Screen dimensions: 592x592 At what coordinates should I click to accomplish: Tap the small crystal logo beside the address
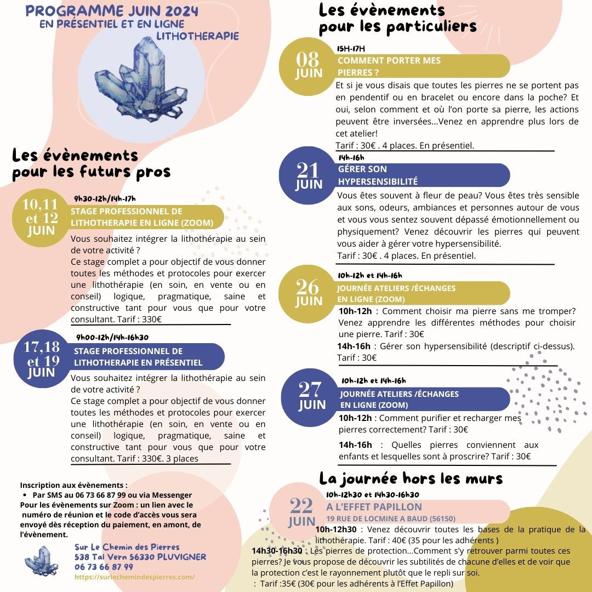point(40,560)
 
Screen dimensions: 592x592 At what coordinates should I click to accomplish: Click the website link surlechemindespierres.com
point(134,577)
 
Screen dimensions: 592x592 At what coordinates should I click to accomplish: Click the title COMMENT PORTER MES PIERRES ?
point(389,66)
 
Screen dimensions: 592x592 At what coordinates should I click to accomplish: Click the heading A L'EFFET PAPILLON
point(374,507)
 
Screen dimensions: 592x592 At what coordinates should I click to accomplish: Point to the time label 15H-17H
point(351,49)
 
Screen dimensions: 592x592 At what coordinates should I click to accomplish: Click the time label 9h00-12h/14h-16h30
point(112,337)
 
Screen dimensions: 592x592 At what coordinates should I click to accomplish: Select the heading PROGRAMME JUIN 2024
point(112,12)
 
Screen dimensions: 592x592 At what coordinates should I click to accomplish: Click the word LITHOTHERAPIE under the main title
point(197,36)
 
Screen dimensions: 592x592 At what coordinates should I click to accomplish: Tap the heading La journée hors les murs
point(411,478)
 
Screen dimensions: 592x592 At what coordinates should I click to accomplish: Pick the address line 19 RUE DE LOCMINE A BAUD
point(390,519)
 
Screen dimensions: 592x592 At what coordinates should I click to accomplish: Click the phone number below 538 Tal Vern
point(104,567)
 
